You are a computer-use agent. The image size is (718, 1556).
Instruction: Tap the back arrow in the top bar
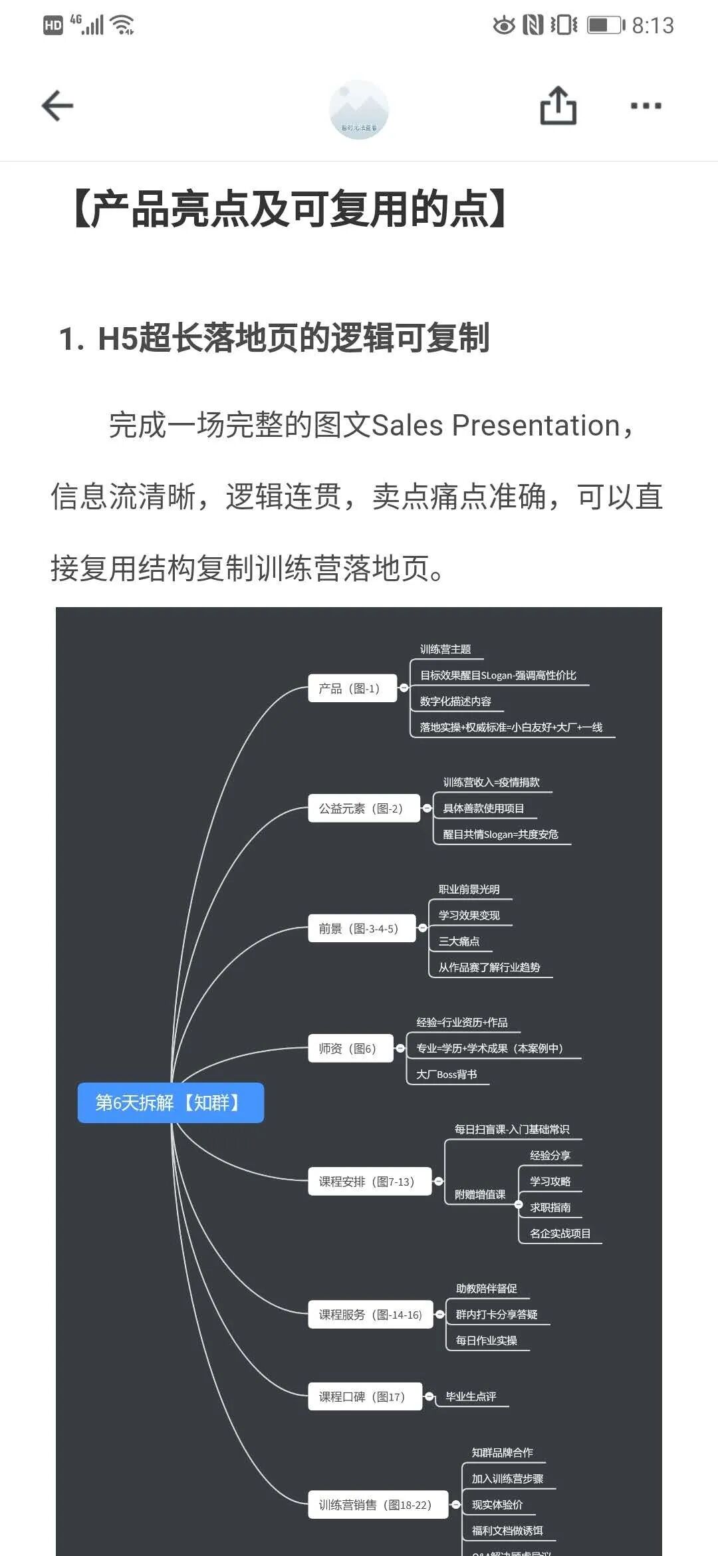pyautogui.click(x=57, y=106)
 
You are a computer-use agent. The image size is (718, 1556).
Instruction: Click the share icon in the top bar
pyautogui.click(x=558, y=106)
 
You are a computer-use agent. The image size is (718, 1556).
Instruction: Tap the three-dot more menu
pyautogui.click(x=646, y=106)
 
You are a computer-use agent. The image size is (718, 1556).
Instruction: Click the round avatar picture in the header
pyautogui.click(x=359, y=110)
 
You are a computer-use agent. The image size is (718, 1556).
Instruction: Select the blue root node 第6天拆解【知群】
pyautogui.click(x=170, y=1103)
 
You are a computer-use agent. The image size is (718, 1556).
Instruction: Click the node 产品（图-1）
pyautogui.click(x=352, y=688)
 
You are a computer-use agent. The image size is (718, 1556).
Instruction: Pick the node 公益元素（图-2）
pyautogui.click(x=364, y=809)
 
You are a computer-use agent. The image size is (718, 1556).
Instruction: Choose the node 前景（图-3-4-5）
pyautogui.click(x=362, y=928)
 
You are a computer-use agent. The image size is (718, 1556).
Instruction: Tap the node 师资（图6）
pyautogui.click(x=350, y=1049)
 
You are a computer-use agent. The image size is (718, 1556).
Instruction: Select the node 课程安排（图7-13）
pyautogui.click(x=370, y=1182)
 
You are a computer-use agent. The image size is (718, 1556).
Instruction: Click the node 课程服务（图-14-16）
pyautogui.click(x=370, y=1315)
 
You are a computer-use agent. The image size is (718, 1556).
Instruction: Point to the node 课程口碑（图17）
pyautogui.click(x=365, y=1396)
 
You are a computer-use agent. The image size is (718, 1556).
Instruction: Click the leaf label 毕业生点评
pyautogui.click(x=471, y=1396)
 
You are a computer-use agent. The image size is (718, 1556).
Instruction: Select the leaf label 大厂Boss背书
pyautogui.click(x=447, y=1075)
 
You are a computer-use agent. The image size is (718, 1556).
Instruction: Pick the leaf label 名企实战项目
pyautogui.click(x=560, y=1233)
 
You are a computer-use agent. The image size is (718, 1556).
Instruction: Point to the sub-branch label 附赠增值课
pyautogui.click(x=480, y=1194)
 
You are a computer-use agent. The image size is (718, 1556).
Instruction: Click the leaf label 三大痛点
pyautogui.click(x=459, y=942)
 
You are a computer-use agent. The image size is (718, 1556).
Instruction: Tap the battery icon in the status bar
pyautogui.click(x=606, y=25)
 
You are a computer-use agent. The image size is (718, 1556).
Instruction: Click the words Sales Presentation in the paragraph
pyautogui.click(x=495, y=426)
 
